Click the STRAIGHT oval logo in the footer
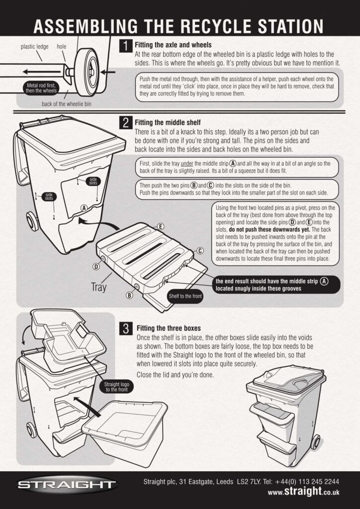[x=67, y=485]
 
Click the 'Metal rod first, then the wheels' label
[x=41, y=88]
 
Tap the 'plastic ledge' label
[x=34, y=47]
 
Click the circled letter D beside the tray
[x=96, y=266]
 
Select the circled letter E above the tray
[x=160, y=227]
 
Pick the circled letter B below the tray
[x=130, y=295]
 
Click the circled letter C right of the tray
[x=200, y=251]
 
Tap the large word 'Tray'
[x=98, y=287]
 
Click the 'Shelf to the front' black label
[x=185, y=296]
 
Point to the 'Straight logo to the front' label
[x=116, y=387]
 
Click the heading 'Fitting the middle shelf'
[x=168, y=123]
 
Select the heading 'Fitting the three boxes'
[x=169, y=328]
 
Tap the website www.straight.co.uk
[x=303, y=491]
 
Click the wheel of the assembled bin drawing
[x=315, y=441]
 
